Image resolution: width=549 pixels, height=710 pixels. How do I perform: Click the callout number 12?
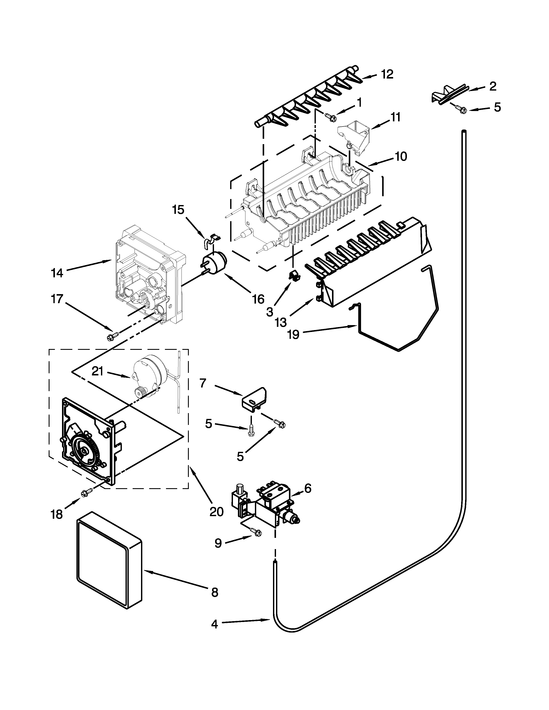click(x=387, y=74)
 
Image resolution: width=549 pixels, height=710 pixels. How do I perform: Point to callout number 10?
click(x=401, y=157)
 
